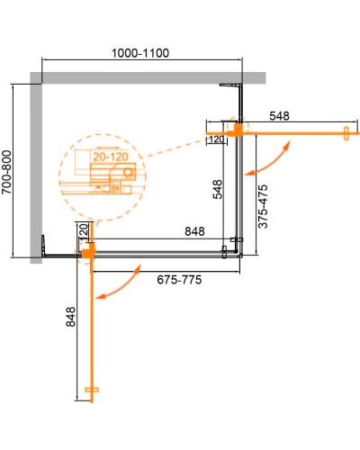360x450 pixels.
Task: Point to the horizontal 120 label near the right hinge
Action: coord(216,139)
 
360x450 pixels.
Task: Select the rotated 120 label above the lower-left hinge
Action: coord(82,232)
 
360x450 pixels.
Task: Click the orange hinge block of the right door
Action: coord(238,130)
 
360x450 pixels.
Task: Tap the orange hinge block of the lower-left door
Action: coord(88,255)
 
